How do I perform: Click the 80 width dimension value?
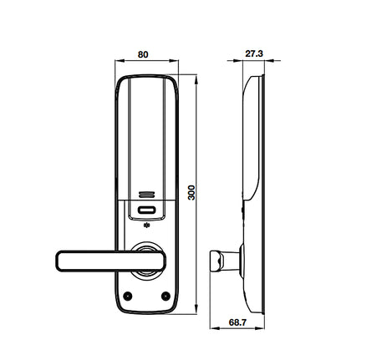point(143,54)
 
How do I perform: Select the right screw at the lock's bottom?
point(165,297)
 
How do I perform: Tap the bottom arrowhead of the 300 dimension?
point(197,307)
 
